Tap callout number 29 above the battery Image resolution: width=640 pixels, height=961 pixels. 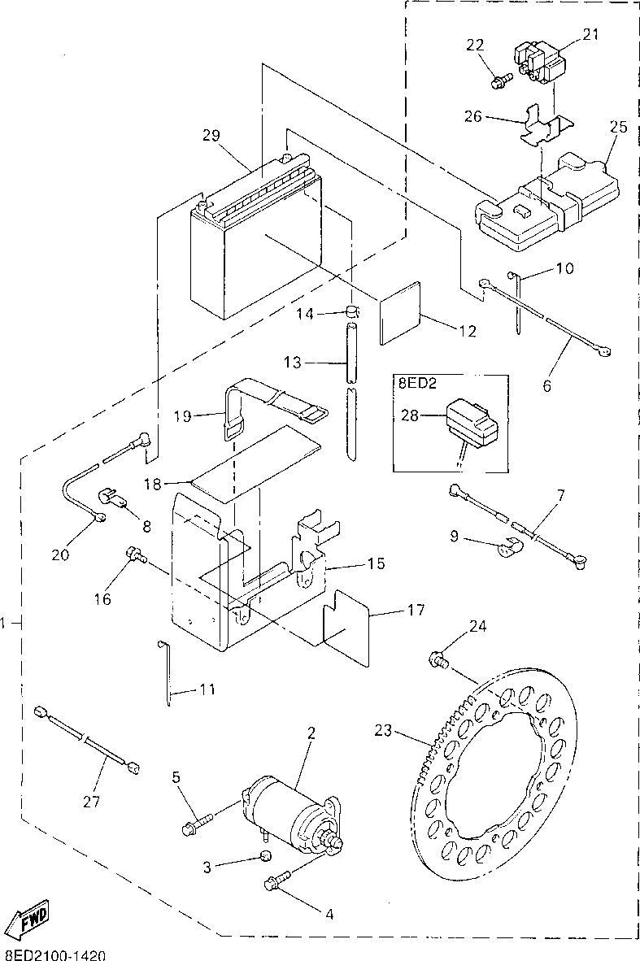coord(211,135)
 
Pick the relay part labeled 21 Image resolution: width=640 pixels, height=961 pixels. coord(538,60)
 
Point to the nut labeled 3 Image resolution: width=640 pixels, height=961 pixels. coord(265,856)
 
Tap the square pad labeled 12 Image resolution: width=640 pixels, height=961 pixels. coord(399,312)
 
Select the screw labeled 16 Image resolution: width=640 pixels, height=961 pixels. coord(135,554)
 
